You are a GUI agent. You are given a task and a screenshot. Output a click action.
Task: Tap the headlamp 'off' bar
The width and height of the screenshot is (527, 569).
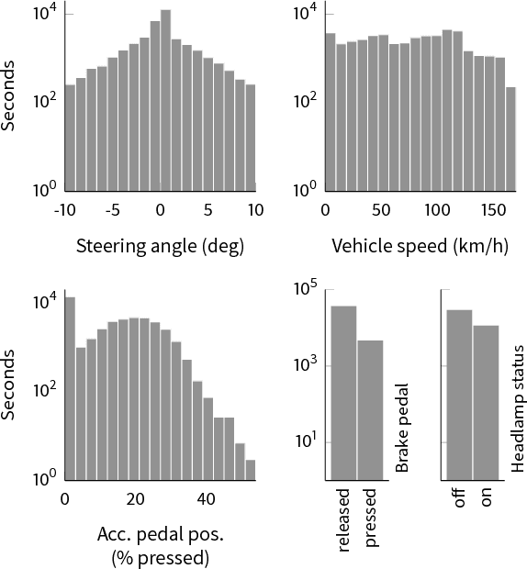(459, 395)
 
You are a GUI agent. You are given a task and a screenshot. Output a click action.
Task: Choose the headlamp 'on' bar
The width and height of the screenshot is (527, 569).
(486, 403)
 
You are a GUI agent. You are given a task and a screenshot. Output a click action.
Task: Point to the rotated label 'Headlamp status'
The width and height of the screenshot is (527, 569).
(518, 409)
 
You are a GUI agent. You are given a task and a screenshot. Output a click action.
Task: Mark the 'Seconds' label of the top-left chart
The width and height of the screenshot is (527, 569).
(10, 95)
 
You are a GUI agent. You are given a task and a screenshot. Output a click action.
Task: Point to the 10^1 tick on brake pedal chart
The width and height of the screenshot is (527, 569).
(304, 442)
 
